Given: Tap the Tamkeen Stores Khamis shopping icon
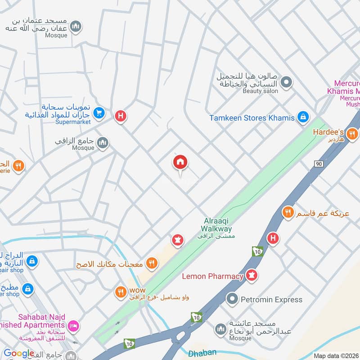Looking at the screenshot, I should coord(303,118).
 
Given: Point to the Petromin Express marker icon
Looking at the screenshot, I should coord(232,299).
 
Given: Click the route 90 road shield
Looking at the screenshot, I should coord(319,164).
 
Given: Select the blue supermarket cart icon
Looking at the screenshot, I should coord(99,113).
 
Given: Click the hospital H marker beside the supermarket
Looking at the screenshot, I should coord(120,117).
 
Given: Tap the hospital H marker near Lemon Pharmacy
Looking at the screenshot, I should coord(273,238).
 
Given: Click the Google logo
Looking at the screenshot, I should coord(19,353).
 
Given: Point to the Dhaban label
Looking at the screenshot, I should coord(202,353).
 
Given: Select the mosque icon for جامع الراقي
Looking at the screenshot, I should coord(103,143).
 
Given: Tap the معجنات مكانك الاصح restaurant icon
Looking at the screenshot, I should coord(152,264).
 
